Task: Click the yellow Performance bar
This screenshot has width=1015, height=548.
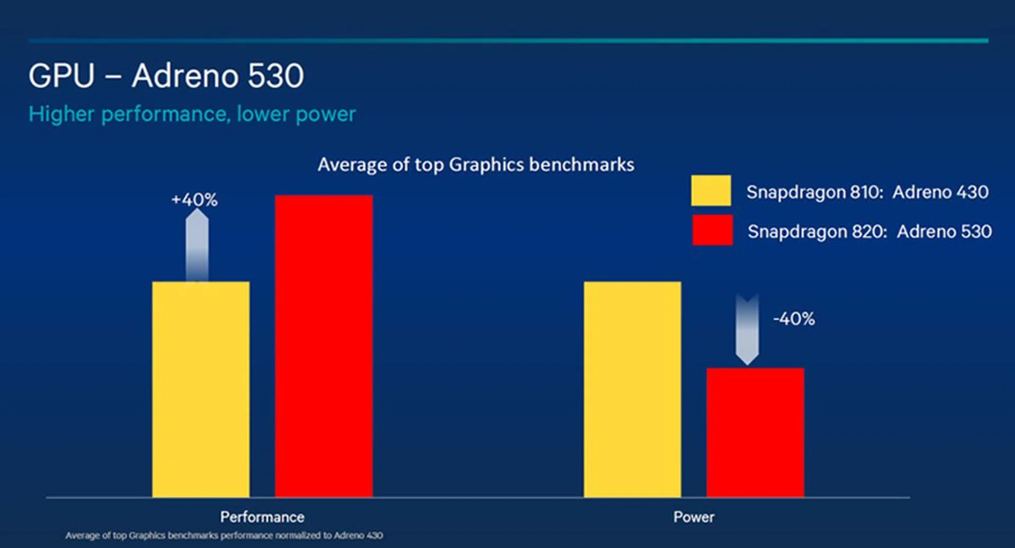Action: pos(201,389)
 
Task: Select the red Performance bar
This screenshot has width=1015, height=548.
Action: pos(324,346)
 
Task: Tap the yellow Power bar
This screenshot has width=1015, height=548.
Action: pos(632,389)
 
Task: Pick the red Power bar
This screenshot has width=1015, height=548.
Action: pos(755,432)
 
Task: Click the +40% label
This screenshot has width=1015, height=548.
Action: pos(195,200)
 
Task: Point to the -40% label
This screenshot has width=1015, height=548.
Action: pos(793,319)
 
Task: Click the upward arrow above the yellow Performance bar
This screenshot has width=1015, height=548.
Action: pos(197,244)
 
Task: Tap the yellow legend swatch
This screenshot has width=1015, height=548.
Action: pos(711,191)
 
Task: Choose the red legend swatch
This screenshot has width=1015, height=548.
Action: pos(712,230)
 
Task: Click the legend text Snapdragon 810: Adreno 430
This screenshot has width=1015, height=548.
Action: pos(867,192)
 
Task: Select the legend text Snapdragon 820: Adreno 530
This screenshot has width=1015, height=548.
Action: pos(870,231)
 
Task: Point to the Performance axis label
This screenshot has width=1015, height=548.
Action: pos(262,517)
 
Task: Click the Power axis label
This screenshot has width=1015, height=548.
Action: pos(694,517)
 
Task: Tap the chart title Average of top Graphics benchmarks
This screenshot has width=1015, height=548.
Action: pos(476,165)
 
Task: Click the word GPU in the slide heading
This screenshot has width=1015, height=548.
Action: pos(61,76)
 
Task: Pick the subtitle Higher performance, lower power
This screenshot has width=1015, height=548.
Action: pos(192,114)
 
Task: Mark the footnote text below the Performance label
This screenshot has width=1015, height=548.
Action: pos(224,535)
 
